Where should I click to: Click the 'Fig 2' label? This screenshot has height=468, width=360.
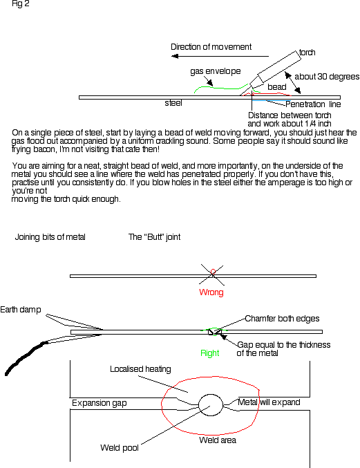click(x=20, y=4)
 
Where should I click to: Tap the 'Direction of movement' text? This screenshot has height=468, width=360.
click(x=211, y=47)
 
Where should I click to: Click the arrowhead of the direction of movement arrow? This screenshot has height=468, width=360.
click(x=175, y=56)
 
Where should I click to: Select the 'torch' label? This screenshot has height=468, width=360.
click(x=307, y=53)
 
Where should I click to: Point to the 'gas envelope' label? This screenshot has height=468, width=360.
click(x=216, y=71)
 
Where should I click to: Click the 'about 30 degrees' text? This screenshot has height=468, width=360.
click(x=327, y=77)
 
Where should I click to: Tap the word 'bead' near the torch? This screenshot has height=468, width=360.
click(x=277, y=87)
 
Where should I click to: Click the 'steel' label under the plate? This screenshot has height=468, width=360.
click(x=173, y=103)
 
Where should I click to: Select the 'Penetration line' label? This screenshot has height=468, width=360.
click(x=313, y=104)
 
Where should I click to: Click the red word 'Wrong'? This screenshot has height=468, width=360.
click(x=211, y=292)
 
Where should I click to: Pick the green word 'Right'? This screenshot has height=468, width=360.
click(x=209, y=353)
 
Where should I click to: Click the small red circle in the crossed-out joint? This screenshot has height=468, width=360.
click(x=213, y=272)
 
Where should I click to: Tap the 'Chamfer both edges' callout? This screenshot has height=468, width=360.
click(x=282, y=319)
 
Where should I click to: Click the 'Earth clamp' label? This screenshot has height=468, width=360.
click(x=20, y=310)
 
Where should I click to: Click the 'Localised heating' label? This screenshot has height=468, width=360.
click(x=140, y=369)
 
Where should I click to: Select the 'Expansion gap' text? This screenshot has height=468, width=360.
click(x=99, y=403)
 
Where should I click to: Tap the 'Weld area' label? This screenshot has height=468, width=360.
click(x=218, y=440)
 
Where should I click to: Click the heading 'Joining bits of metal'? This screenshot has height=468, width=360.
click(x=50, y=237)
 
